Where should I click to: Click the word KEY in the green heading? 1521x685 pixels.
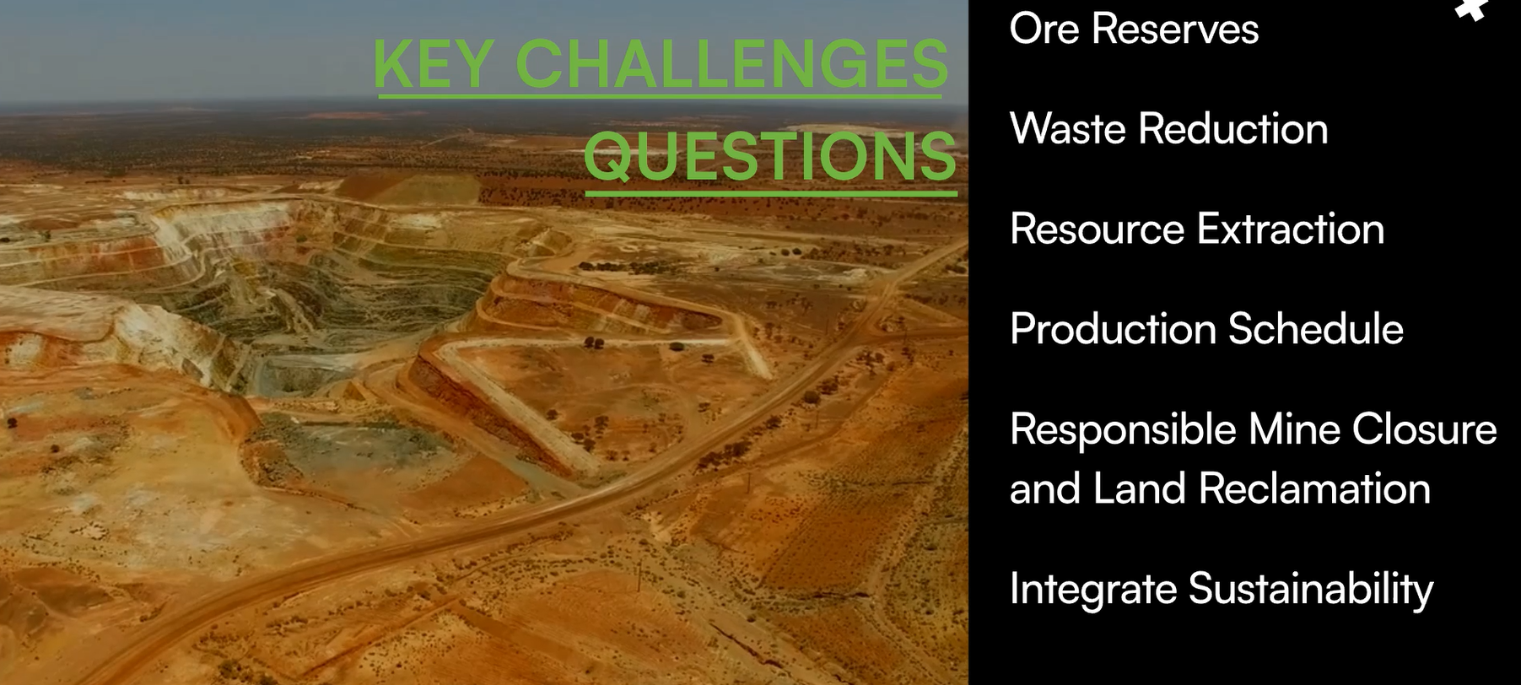point(433,63)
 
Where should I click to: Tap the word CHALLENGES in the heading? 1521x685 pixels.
point(731,63)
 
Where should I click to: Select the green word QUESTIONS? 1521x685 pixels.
point(770,156)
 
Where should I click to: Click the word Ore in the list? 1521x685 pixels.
point(1044,29)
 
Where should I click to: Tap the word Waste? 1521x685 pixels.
point(1067,129)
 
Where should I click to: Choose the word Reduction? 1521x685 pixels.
point(1233,129)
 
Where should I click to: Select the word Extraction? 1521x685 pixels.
point(1291,229)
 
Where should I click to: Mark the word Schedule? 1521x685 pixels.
point(1316,329)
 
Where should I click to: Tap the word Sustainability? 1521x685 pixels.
point(1311,589)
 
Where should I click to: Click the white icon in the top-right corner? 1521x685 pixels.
point(1471,8)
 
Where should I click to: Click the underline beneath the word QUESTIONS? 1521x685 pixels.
point(771,193)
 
